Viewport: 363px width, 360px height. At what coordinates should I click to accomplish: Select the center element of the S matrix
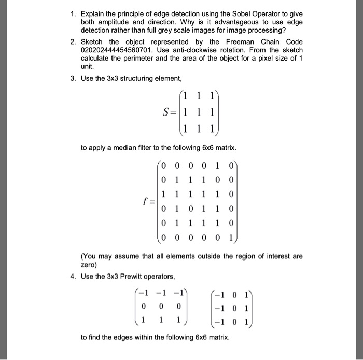click(x=200, y=112)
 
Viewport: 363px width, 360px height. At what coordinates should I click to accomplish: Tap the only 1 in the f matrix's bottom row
click(x=230, y=237)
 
